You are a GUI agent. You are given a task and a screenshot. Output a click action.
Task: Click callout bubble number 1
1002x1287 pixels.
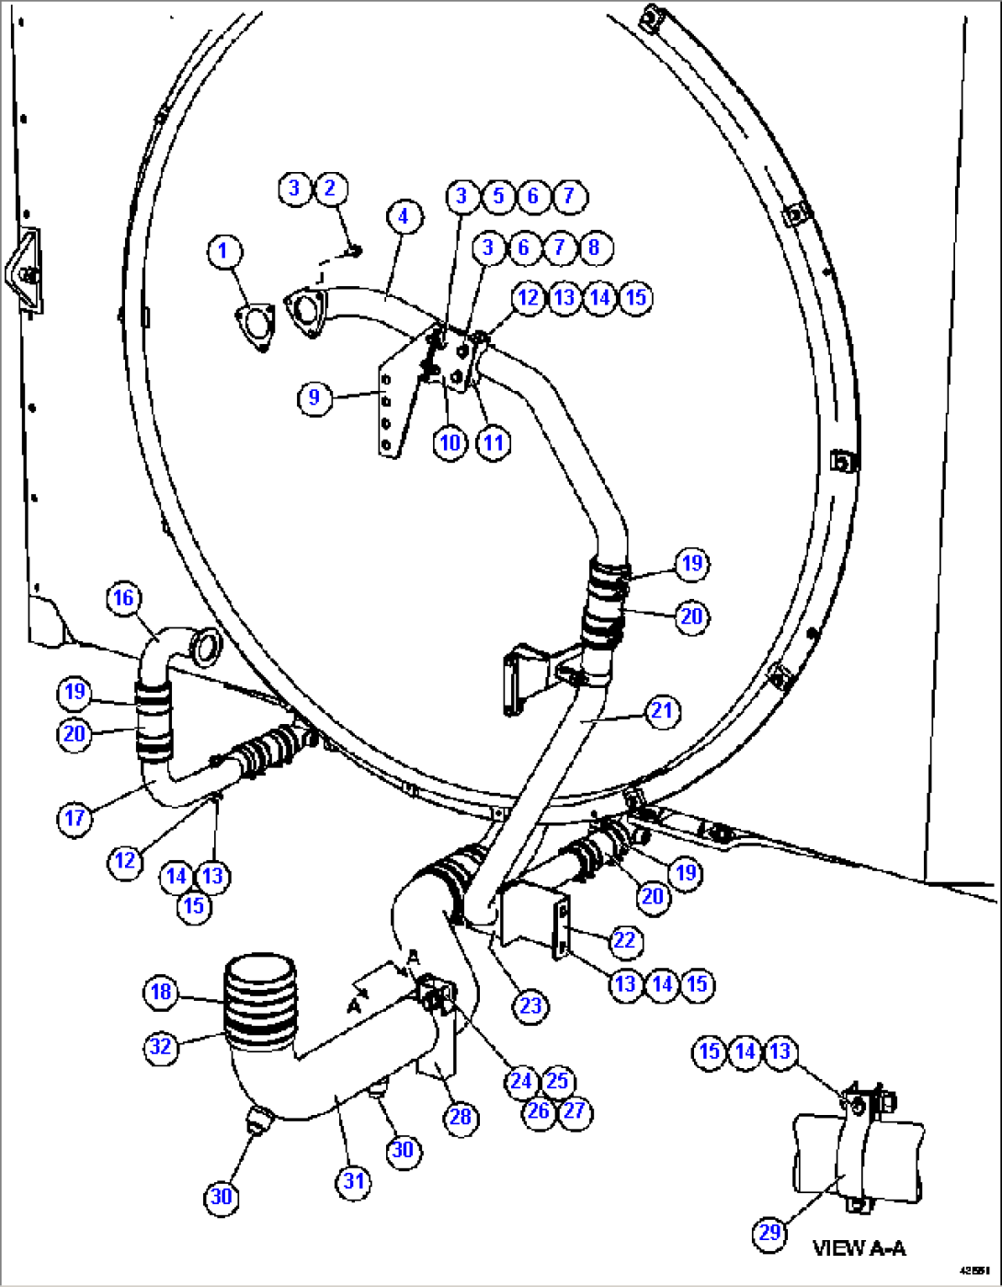pos(222,251)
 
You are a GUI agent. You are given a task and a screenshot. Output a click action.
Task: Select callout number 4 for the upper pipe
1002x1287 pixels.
pos(404,217)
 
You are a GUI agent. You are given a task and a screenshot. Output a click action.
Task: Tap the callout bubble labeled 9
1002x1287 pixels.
pos(314,397)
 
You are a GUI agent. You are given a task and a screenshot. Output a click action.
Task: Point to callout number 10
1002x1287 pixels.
pos(450,442)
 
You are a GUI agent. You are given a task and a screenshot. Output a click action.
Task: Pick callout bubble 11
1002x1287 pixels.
pos(494,442)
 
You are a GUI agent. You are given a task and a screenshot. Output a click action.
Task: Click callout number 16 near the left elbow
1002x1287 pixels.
pos(123,599)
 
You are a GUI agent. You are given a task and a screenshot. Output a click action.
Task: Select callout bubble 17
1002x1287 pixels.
pos(74,818)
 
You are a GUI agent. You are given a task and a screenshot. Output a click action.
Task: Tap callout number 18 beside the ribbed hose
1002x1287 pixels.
pos(161,992)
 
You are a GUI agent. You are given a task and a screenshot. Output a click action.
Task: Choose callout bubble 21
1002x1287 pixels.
pos(662,711)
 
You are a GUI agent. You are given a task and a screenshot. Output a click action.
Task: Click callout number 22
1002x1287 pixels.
pos(624,940)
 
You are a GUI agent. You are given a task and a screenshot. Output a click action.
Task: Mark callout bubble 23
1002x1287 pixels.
pos(530,1005)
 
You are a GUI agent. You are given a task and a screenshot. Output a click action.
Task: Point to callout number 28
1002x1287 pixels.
pos(460,1117)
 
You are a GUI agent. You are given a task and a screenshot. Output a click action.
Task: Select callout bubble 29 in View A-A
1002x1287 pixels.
pos(769,1232)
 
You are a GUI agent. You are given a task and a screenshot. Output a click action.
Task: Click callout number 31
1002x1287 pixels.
pos(354,1181)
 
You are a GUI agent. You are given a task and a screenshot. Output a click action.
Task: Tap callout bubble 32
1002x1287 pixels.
pos(161,1046)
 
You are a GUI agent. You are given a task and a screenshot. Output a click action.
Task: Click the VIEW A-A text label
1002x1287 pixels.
pos(859,1248)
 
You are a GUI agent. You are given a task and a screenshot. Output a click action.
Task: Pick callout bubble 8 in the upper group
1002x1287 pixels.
pos(594,247)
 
